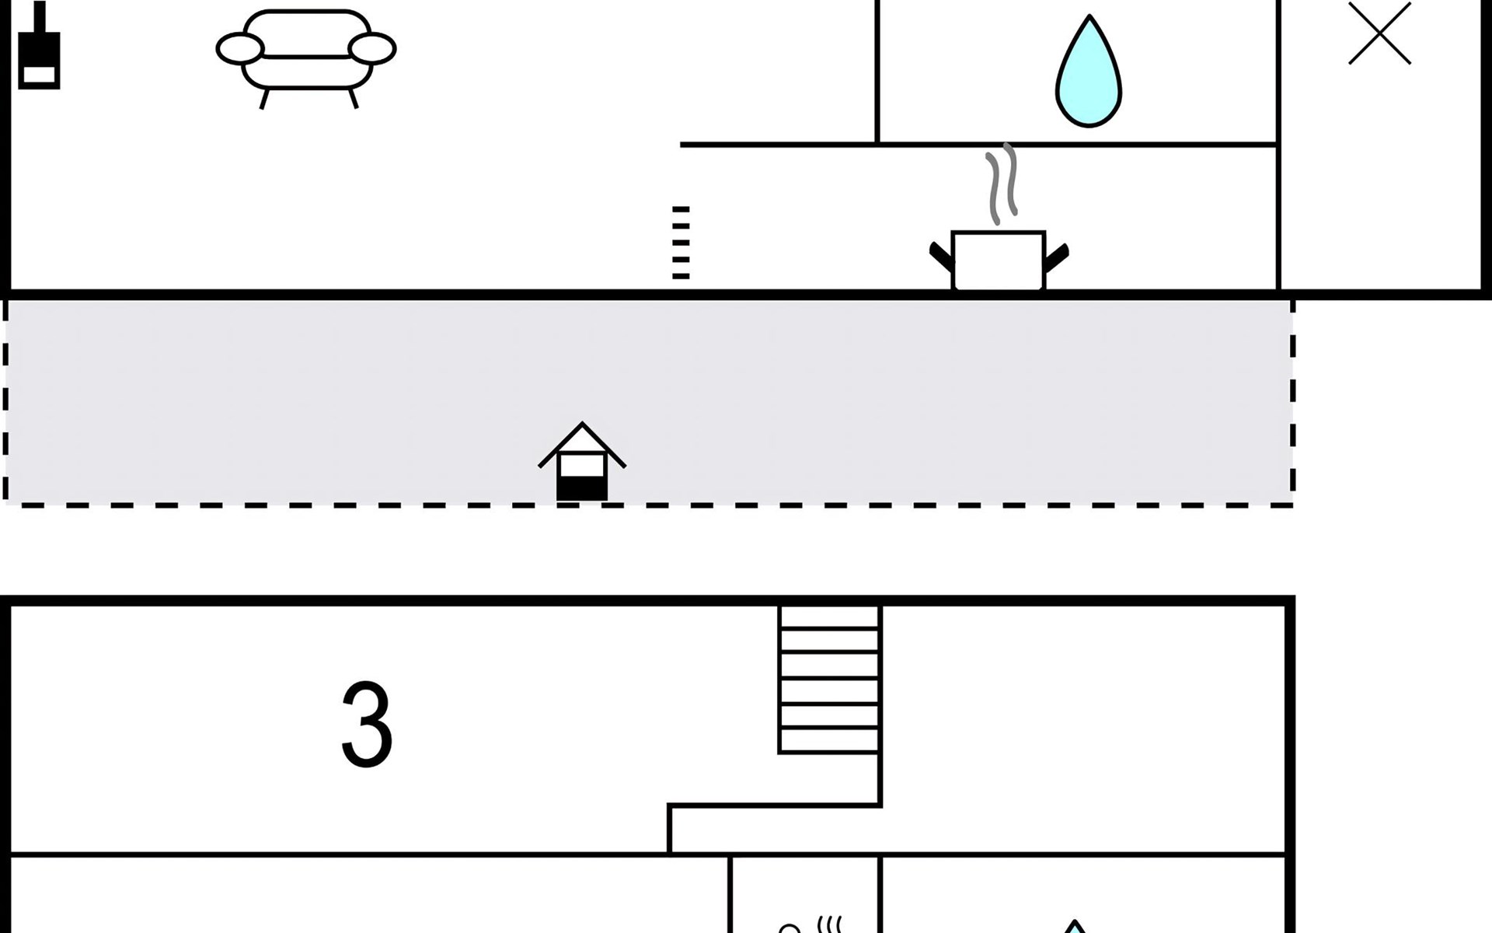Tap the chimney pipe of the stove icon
tap(39, 17)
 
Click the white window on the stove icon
tap(39, 75)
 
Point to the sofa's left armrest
tap(240, 49)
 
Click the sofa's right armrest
tap(372, 48)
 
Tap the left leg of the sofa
tap(264, 99)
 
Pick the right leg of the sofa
tap(353, 98)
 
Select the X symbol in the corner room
tap(1379, 33)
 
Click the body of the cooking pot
tap(999, 260)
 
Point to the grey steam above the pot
tap(1002, 183)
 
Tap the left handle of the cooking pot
tap(941, 257)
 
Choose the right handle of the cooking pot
tap(1057, 257)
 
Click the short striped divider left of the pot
tap(681, 243)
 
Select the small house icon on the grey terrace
tap(582, 462)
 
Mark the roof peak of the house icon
tap(582, 423)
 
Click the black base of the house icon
tap(582, 489)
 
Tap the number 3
tap(367, 725)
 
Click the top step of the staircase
tap(829, 617)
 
